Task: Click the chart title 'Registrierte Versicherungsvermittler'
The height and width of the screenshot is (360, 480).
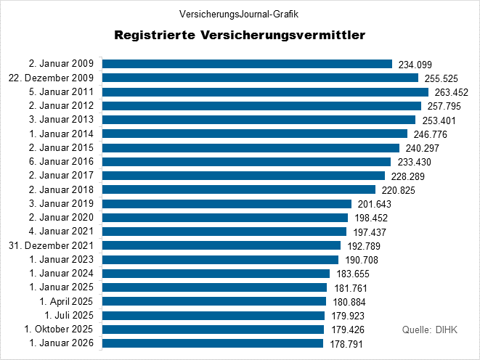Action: coord(240,35)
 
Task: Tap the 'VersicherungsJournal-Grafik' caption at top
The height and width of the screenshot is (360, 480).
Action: coord(239,14)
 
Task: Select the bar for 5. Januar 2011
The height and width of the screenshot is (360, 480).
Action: coord(265,92)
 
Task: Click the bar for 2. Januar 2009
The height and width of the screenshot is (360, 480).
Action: coord(247,64)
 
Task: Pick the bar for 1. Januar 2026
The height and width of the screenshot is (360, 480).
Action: coord(213,343)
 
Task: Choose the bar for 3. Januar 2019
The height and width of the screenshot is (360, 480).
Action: coord(227,204)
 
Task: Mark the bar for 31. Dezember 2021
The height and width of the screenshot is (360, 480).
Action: coord(221,245)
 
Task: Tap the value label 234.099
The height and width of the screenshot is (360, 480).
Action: coord(417,65)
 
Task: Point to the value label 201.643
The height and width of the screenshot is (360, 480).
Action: coord(376,204)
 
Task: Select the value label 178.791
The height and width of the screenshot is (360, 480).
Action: coord(348,343)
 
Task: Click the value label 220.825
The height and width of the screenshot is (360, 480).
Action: coord(400,190)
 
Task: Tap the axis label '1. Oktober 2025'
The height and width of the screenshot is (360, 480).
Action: coord(60,329)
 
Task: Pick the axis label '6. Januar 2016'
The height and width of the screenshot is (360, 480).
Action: coord(62,162)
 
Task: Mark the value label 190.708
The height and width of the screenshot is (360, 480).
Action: coord(363,260)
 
